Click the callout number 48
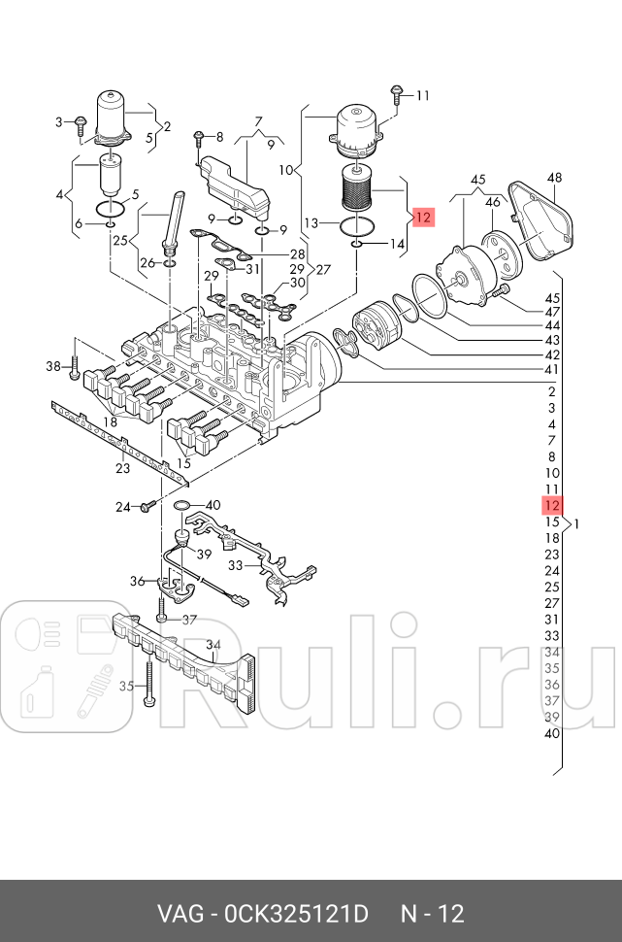(x=554, y=178)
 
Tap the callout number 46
(x=493, y=202)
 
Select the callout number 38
(x=53, y=365)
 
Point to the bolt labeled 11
(x=398, y=95)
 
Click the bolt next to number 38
(x=75, y=366)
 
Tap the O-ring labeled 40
(x=181, y=505)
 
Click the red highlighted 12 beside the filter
(x=422, y=218)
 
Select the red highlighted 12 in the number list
(x=552, y=505)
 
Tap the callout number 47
(x=552, y=312)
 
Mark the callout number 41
(x=552, y=370)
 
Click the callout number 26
(x=147, y=263)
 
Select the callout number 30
(x=298, y=283)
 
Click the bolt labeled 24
(x=147, y=507)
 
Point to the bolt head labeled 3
(x=82, y=122)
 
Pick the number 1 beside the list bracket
(x=577, y=524)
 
